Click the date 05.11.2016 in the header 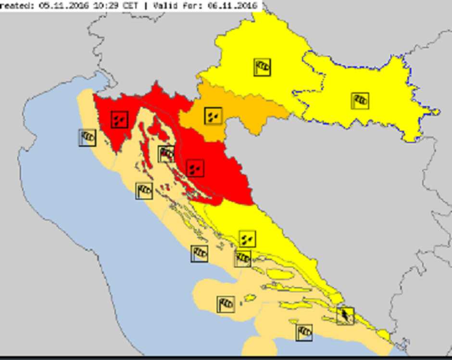63,6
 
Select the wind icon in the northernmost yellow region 262,67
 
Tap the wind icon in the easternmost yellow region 360,101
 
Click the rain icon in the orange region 213,116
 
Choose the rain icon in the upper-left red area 119,119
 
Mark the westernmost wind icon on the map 87,137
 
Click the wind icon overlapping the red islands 166,154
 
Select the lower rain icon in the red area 195,168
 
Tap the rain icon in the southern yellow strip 247,238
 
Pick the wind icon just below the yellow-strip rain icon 243,258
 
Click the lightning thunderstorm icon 345,316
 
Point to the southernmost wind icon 304,332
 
